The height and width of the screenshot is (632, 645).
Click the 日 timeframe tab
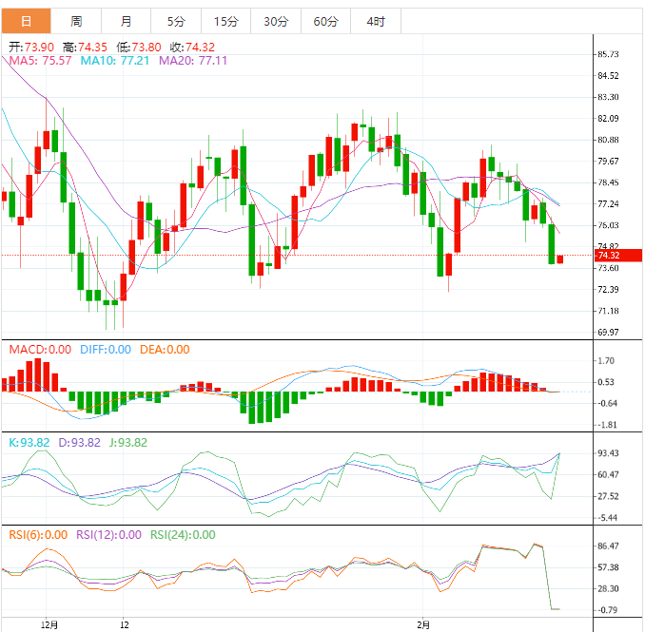(25, 21)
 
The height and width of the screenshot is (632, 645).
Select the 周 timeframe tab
(76, 21)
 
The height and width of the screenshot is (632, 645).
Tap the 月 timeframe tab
(127, 21)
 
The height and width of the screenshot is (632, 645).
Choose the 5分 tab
(176, 21)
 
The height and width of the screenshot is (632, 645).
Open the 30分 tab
(276, 21)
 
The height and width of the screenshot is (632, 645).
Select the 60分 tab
(325, 21)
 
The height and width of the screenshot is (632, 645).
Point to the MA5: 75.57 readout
(40, 61)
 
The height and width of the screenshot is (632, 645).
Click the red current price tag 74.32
(609, 255)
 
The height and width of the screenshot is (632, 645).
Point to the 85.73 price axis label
(609, 54)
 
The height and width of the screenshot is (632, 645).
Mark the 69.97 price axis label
(609, 333)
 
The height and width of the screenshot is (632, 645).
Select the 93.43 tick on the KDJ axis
(609, 453)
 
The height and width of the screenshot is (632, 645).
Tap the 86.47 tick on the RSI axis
(609, 546)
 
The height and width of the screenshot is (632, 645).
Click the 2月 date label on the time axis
(424, 625)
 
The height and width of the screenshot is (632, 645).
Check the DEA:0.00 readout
(165, 350)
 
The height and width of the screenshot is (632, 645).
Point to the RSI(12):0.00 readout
(109, 535)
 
